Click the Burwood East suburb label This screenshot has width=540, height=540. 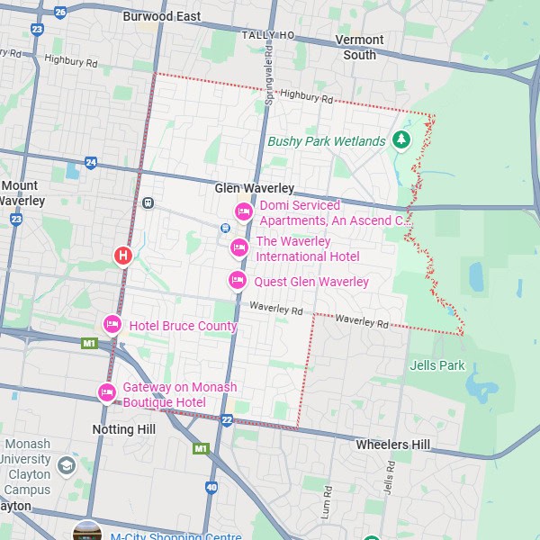[x=162, y=16]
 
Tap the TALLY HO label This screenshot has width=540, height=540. [x=267, y=34]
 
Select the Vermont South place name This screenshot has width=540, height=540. [x=359, y=47]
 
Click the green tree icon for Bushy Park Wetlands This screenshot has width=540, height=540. [x=401, y=140]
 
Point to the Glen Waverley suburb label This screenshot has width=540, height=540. [x=255, y=188]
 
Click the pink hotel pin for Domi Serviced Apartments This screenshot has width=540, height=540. [x=243, y=212]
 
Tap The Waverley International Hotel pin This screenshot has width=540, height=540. [x=239, y=247]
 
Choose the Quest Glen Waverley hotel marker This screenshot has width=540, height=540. [x=237, y=281]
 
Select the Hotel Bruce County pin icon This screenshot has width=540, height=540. [x=112, y=324]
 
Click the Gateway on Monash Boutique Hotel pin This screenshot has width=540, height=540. [x=106, y=392]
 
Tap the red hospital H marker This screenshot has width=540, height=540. [x=124, y=256]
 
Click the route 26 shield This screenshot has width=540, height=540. [x=60, y=12]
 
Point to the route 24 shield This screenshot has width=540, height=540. [x=90, y=163]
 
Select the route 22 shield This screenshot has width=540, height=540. [x=227, y=420]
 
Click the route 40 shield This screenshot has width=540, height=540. [x=211, y=487]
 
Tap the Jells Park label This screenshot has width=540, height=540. [x=437, y=365]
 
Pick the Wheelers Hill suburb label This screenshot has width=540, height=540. [x=392, y=445]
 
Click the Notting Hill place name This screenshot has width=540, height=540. [x=124, y=429]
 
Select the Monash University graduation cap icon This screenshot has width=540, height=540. [x=67, y=465]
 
